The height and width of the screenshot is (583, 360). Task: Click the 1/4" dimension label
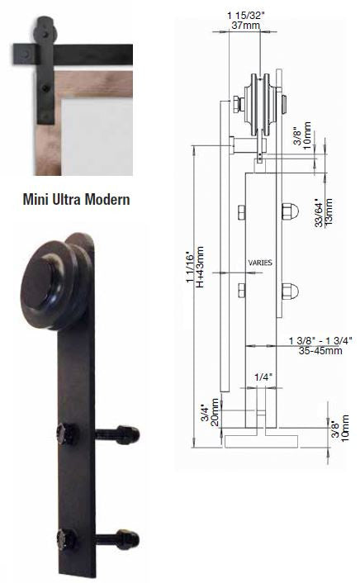(x=263, y=377)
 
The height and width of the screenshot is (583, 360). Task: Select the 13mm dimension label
(x=329, y=211)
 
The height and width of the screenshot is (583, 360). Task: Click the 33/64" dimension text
(x=318, y=212)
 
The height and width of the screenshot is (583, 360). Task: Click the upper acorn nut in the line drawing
(x=290, y=210)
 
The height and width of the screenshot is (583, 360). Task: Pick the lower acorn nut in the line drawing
(x=290, y=291)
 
